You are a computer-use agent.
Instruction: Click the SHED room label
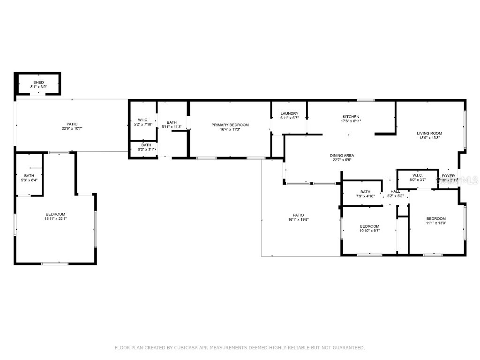tap(38, 82)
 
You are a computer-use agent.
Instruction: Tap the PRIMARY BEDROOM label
tap(230, 125)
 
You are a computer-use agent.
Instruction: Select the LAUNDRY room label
tap(289, 113)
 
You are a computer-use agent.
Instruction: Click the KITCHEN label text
tap(351, 117)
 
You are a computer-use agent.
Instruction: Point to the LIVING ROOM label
tap(429, 133)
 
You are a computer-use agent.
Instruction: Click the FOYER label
tap(448, 176)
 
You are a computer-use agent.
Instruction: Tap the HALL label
tap(395, 191)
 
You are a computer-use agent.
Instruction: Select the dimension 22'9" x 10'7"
tap(72, 128)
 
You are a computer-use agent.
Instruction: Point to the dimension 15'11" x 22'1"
tap(55, 218)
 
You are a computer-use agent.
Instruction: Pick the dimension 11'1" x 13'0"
tap(436, 223)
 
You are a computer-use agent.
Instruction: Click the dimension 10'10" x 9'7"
tap(369, 231)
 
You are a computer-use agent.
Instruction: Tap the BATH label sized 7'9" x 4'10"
tap(366, 191)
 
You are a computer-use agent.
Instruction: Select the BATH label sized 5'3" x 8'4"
tap(29, 175)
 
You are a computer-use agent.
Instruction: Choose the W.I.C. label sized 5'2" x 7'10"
tap(143, 120)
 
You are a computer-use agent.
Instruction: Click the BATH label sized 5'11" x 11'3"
tap(172, 122)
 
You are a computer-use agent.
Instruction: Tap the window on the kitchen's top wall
tap(365, 100)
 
